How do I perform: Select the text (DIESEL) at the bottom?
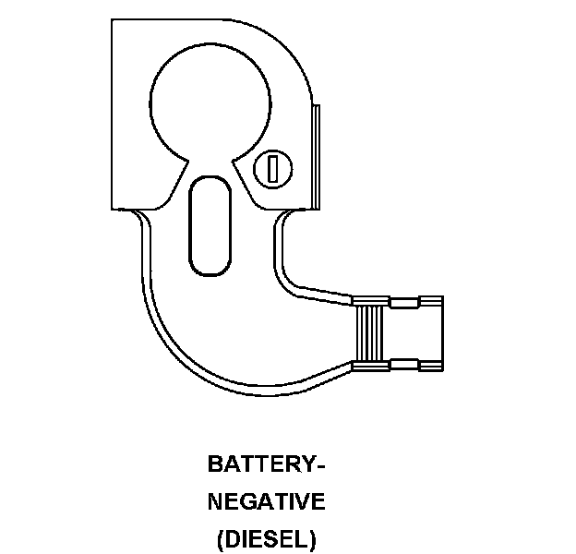click(266, 537)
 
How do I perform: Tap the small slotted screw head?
click(272, 167)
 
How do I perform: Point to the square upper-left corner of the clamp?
click(116, 24)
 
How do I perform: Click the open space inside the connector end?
click(411, 333)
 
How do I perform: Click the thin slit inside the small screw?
click(272, 167)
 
